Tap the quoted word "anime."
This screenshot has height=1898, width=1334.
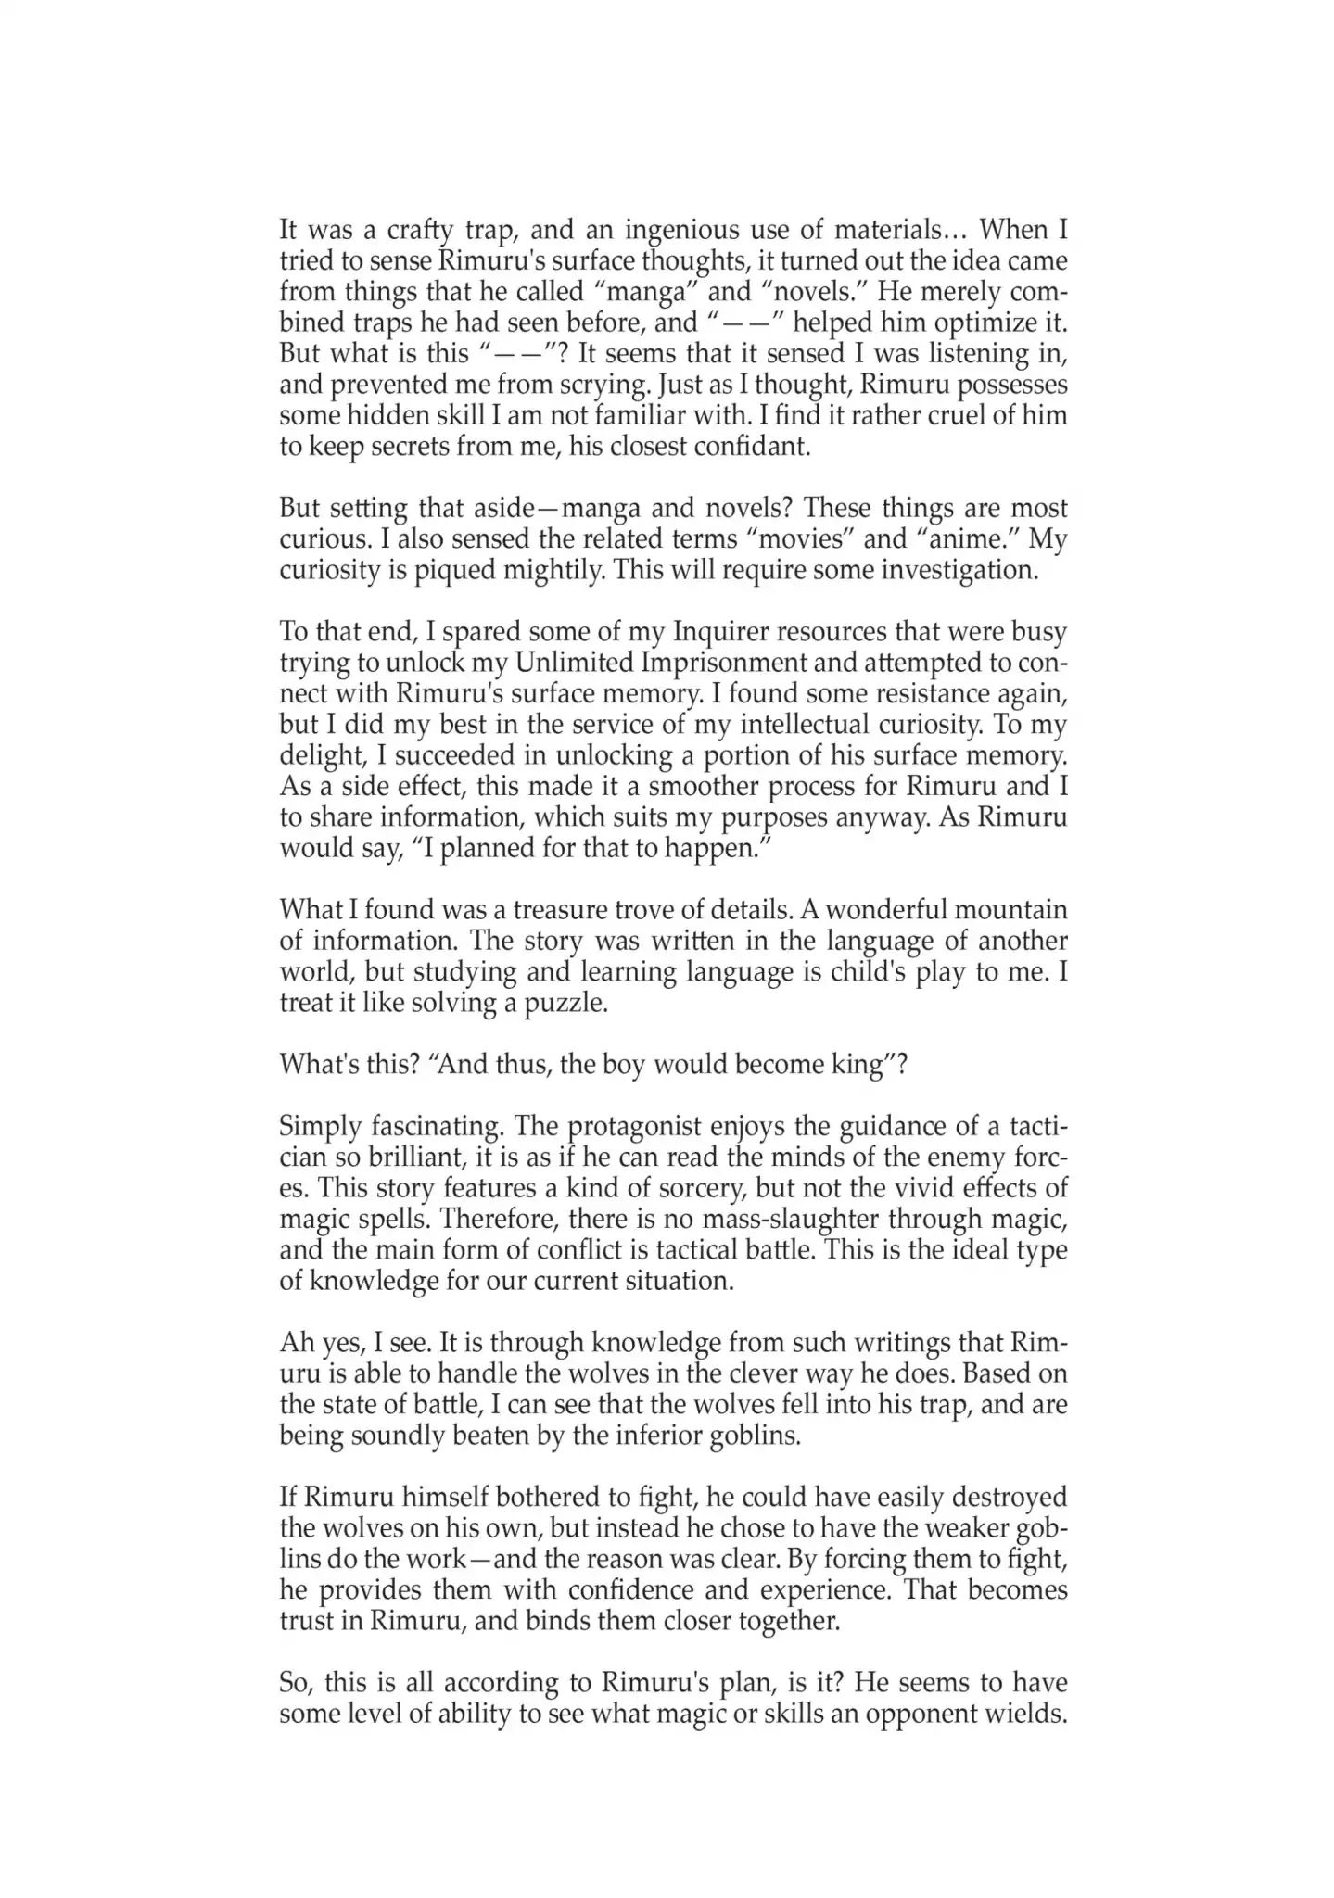[x=965, y=539]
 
